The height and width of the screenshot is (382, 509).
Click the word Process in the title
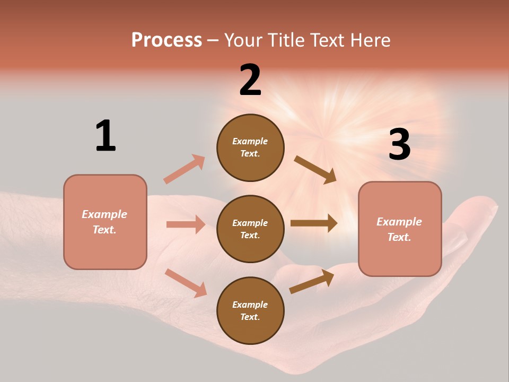(166, 40)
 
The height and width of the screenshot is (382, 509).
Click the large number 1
(106, 136)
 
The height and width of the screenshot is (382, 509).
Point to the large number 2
(250, 80)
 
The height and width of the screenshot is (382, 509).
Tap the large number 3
(399, 144)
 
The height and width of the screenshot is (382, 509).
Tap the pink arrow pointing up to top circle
(185, 169)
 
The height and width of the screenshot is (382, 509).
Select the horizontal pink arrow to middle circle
(186, 224)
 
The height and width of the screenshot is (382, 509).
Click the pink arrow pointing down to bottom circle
(186, 282)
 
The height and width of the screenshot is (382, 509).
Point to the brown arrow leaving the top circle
(315, 170)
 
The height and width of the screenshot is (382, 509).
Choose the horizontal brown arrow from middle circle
(313, 223)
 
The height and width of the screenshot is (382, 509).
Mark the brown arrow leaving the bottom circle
(312, 281)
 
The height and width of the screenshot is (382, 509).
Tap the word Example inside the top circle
(250, 141)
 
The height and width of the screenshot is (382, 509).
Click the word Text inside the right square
(399, 237)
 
